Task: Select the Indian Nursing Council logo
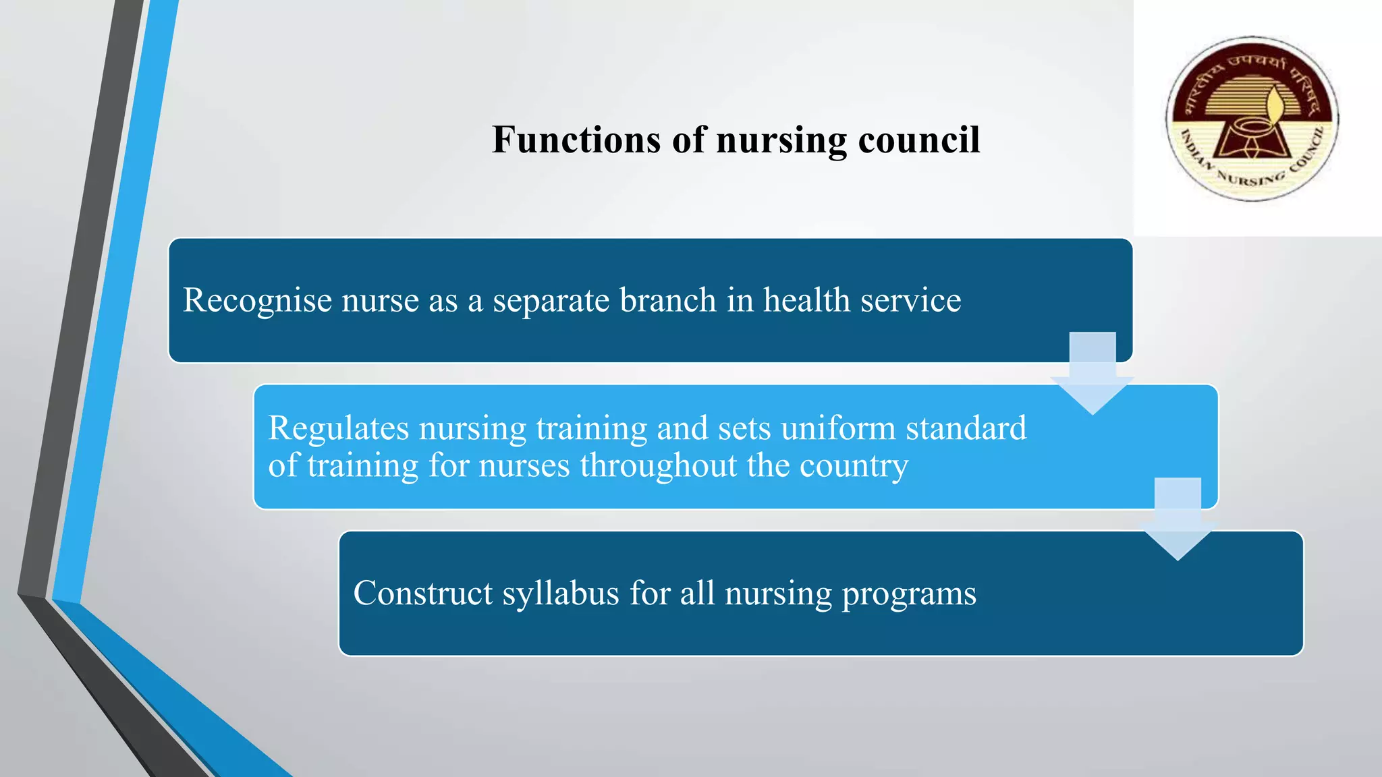pos(1252,119)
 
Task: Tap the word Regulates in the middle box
pos(339,429)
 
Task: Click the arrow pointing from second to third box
pos(1178,520)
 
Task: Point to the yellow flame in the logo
pos(1275,105)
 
